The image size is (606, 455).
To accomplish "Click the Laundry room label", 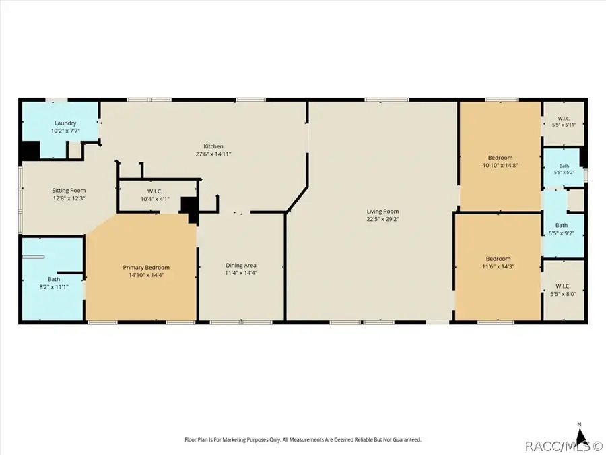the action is click(x=65, y=123).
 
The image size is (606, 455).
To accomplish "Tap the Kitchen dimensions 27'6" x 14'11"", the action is click(x=213, y=154).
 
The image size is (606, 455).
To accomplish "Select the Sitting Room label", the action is click(x=69, y=190).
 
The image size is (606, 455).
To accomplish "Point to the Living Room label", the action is click(x=382, y=211).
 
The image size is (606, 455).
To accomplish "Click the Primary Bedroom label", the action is click(x=146, y=268).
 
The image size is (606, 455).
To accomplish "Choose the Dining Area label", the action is click(x=241, y=265).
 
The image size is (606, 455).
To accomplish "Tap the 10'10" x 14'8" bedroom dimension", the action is click(x=500, y=165).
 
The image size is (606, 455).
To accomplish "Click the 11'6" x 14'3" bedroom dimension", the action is click(x=498, y=266).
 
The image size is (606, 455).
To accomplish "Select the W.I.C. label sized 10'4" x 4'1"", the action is click(x=155, y=191).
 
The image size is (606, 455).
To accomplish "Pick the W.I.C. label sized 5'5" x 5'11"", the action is click(x=564, y=119).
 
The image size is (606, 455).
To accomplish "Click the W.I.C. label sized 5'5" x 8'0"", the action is click(x=563, y=286).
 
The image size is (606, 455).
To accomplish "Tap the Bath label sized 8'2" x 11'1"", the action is click(x=54, y=279).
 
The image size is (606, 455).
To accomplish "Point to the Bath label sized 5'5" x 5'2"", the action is click(x=564, y=166).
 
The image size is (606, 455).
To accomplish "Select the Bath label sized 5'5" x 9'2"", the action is click(x=562, y=225).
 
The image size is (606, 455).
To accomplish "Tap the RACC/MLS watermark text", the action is click(x=563, y=446).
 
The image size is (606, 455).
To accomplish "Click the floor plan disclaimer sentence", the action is click(x=303, y=439).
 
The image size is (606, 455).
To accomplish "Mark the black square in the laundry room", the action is click(x=30, y=151).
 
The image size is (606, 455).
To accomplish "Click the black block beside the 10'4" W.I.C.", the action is click(x=190, y=209).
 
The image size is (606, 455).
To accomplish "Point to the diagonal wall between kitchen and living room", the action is click(x=297, y=200).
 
